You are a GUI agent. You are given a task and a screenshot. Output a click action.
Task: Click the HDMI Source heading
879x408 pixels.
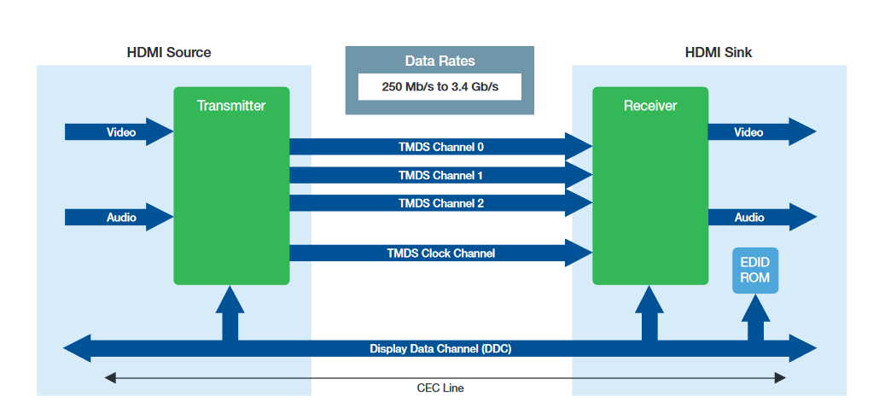[x=169, y=53]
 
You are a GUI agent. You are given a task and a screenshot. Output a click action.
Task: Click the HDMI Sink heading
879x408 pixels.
[x=718, y=53]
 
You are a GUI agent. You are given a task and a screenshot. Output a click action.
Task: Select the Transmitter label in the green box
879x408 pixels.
[x=231, y=106]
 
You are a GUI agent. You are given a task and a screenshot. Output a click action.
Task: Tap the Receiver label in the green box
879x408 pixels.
[x=650, y=106]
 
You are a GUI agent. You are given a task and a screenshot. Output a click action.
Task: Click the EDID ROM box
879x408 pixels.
[x=755, y=271]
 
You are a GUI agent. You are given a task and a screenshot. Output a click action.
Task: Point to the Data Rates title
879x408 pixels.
[x=439, y=61]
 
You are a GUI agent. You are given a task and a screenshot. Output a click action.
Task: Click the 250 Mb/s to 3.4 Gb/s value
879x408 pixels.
[x=439, y=87]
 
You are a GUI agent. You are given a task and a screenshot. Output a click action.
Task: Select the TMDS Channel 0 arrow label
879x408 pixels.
[x=440, y=147]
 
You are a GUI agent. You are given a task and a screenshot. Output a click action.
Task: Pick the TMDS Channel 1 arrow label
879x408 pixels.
[x=440, y=176]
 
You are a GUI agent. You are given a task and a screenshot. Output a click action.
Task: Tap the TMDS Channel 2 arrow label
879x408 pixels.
[x=440, y=204]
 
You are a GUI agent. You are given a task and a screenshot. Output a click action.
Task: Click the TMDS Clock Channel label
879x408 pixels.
[x=440, y=253]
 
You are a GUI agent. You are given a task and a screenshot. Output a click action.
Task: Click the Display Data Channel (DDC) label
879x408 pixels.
[x=440, y=348]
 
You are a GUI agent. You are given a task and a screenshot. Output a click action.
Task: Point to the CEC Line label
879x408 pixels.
[x=440, y=388]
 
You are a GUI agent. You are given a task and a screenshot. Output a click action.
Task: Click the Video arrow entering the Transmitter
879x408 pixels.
[x=120, y=132]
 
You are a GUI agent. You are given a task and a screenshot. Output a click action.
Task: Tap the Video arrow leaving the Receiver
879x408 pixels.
[x=760, y=132]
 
